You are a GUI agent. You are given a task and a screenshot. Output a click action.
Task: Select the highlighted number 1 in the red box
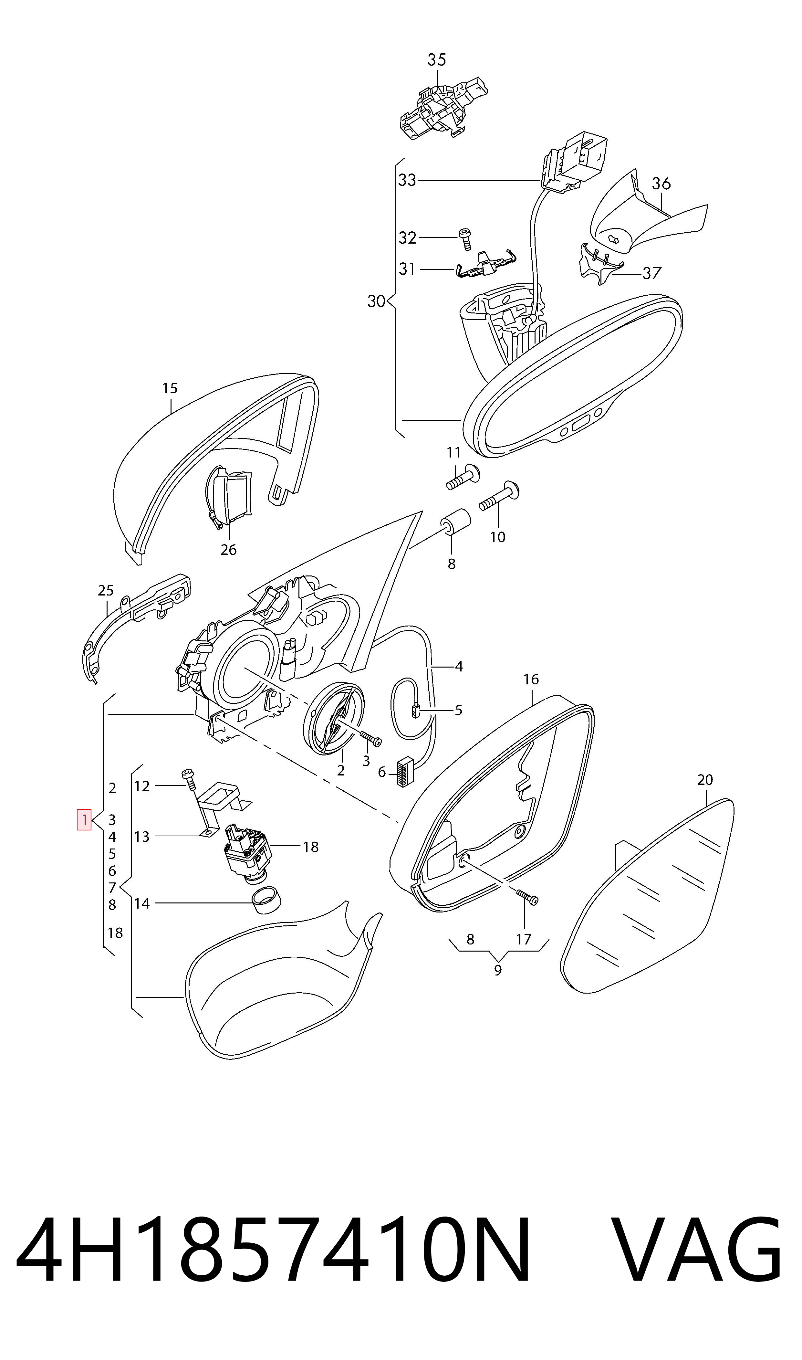tap(84, 819)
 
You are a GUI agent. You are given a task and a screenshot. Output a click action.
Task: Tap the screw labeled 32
tap(465, 238)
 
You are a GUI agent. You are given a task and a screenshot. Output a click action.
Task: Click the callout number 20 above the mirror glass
tap(705, 779)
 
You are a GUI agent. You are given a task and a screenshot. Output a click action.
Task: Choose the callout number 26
tap(229, 549)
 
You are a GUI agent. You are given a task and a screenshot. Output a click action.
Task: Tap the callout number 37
tap(652, 273)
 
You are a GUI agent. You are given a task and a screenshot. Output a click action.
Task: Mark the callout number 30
tap(376, 301)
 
